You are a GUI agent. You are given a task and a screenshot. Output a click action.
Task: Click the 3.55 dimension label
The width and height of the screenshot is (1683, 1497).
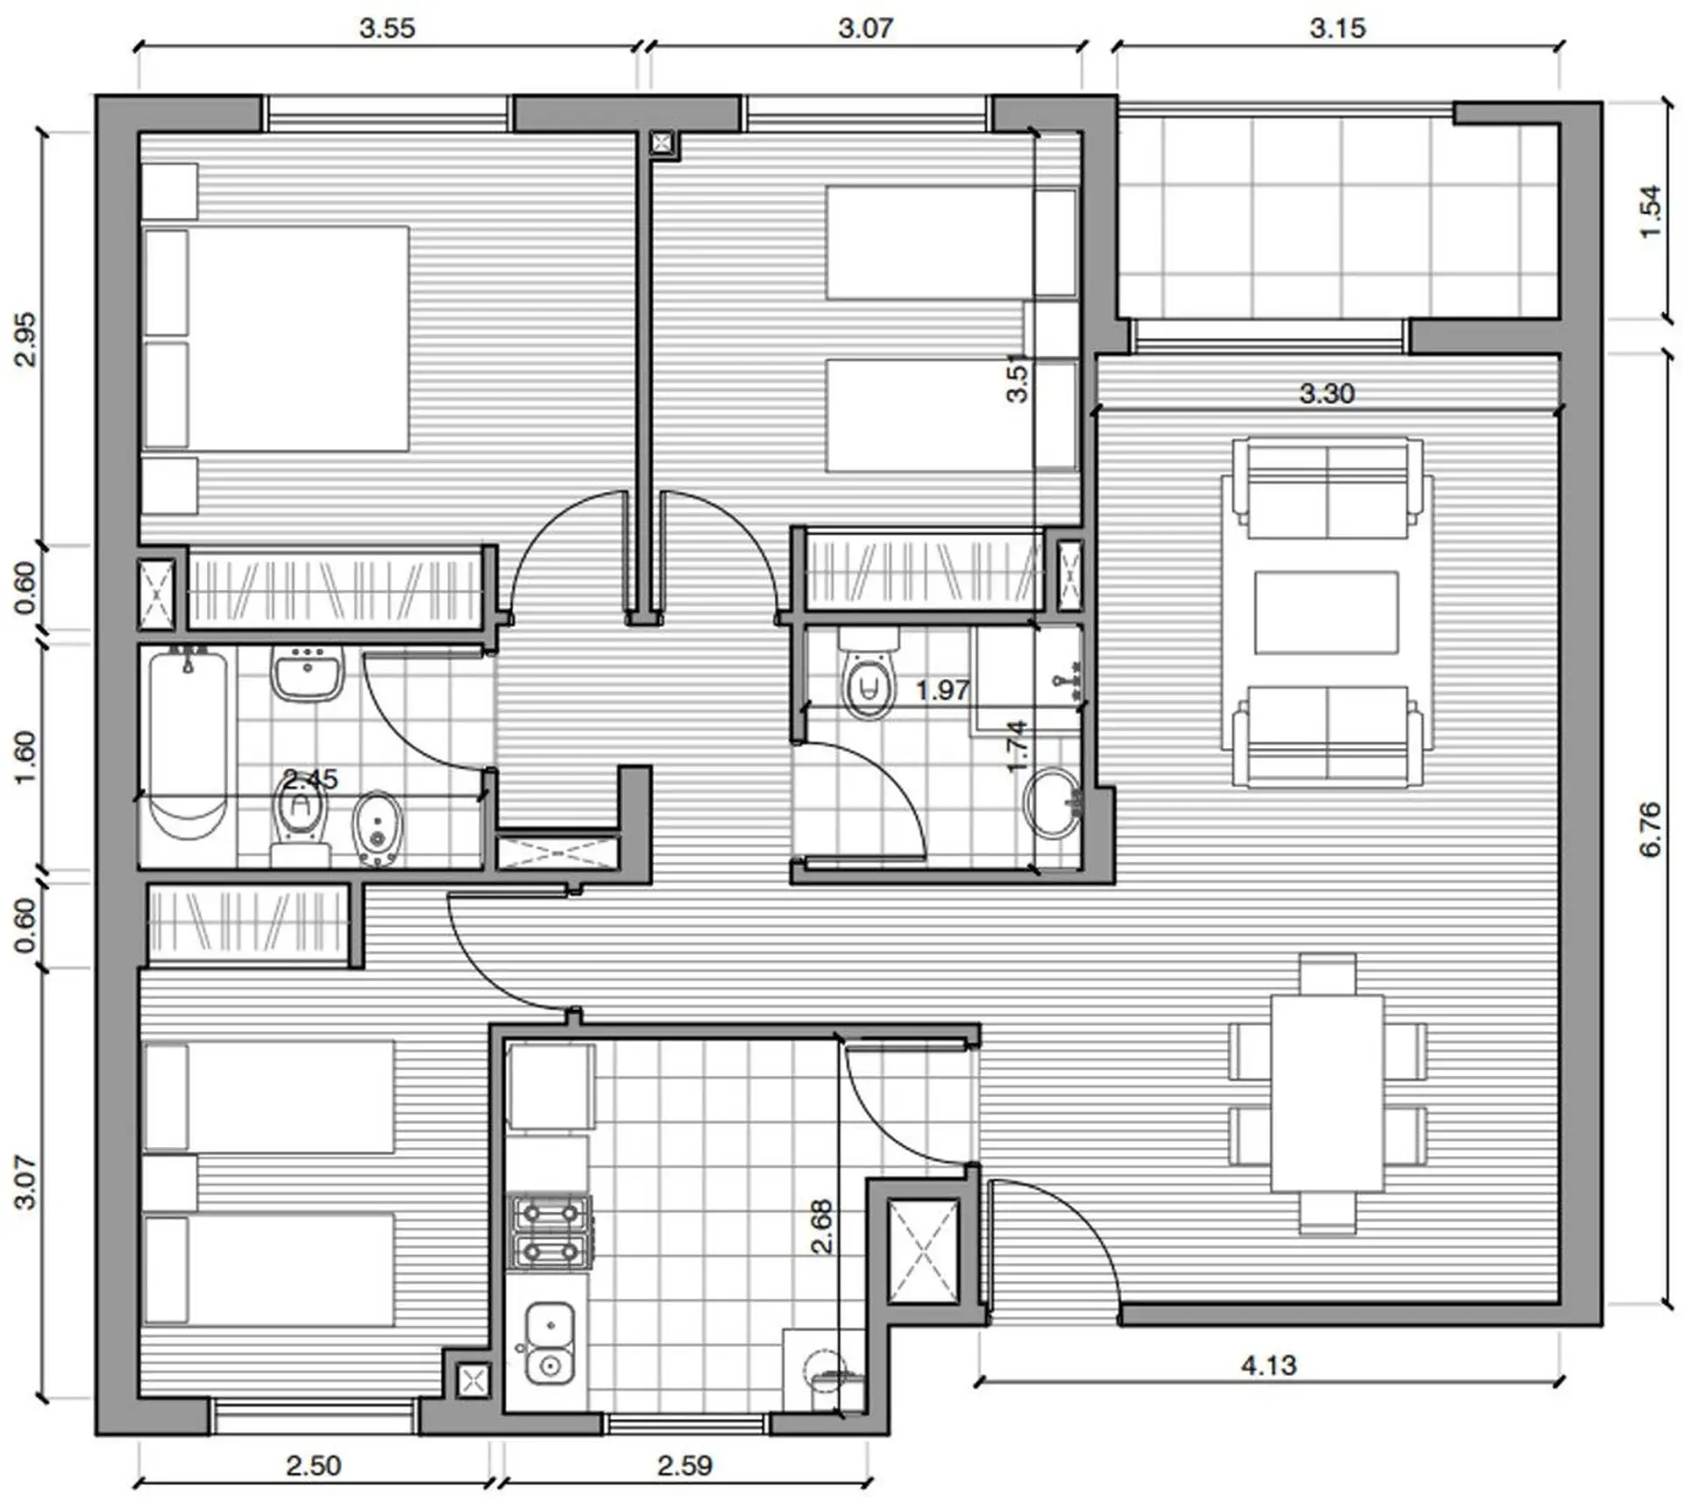[x=387, y=28]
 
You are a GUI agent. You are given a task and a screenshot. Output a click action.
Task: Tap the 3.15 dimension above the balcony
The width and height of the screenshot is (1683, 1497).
[x=1338, y=28]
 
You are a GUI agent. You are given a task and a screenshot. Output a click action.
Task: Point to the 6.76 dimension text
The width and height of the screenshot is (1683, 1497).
[x=1649, y=829]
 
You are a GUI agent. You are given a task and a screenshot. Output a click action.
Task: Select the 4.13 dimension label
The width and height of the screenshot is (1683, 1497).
[x=1268, y=1365]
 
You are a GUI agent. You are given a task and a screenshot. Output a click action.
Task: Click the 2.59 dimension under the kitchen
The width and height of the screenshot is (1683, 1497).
[x=685, y=1465]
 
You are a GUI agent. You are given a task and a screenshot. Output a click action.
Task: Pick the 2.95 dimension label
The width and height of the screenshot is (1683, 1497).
[x=27, y=339]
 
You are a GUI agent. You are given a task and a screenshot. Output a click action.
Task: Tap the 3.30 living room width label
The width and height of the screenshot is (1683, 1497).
[x=1326, y=394]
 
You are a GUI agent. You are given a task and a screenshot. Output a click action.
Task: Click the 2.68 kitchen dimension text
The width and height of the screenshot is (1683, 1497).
[x=822, y=1227]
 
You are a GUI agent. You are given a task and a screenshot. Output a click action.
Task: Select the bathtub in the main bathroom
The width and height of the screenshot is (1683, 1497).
[x=188, y=745]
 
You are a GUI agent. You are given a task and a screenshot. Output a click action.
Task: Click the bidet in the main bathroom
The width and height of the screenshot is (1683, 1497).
[x=378, y=829]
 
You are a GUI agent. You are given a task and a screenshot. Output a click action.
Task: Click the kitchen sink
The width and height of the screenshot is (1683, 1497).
[x=550, y=1343]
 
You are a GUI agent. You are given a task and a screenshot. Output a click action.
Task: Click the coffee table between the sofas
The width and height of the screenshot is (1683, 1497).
[x=1326, y=612]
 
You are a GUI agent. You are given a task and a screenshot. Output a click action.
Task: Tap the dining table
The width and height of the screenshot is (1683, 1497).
[x=1327, y=1092]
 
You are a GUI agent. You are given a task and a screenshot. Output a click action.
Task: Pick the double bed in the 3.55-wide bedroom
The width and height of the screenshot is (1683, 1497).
[x=276, y=339]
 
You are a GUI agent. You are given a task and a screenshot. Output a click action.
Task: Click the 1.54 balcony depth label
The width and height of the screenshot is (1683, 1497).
[x=1649, y=210]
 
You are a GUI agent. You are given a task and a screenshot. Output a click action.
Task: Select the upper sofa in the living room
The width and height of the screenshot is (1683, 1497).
[x=1327, y=488]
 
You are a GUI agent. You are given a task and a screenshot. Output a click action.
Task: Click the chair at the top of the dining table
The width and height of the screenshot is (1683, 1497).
[x=1328, y=973]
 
